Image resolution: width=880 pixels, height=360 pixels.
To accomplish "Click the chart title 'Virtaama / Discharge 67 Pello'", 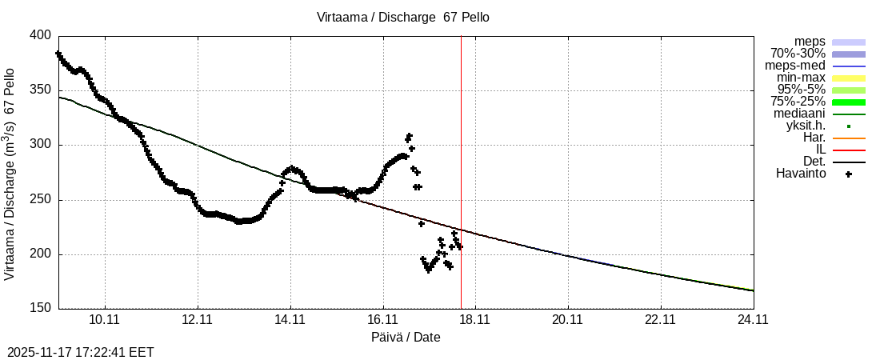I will coord(402,17).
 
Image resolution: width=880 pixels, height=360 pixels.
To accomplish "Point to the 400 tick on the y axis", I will coord(41,36).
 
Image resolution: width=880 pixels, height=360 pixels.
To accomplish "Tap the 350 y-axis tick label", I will coord(41,90).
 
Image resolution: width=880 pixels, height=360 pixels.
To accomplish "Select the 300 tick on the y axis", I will coord(41,145).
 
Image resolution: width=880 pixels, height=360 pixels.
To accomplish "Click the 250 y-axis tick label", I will coord(41,200).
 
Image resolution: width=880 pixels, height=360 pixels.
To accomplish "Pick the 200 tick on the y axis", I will coord(41,254).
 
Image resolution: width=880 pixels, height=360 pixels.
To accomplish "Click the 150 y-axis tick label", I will coord(41,309).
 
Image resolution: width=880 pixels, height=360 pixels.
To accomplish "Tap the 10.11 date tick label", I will coord(105,320).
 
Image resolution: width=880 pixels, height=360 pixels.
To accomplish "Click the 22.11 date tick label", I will coord(660,320).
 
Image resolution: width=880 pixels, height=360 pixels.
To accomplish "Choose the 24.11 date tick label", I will coord(753,320).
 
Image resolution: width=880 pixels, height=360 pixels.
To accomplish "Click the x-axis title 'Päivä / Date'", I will coord(406,338).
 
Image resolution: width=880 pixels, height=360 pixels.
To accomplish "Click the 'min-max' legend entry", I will coord(801,78).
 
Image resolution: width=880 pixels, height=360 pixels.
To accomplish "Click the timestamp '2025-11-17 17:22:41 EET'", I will coord(81,352).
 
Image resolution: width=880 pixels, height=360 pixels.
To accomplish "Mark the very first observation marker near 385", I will coord(58,54).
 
